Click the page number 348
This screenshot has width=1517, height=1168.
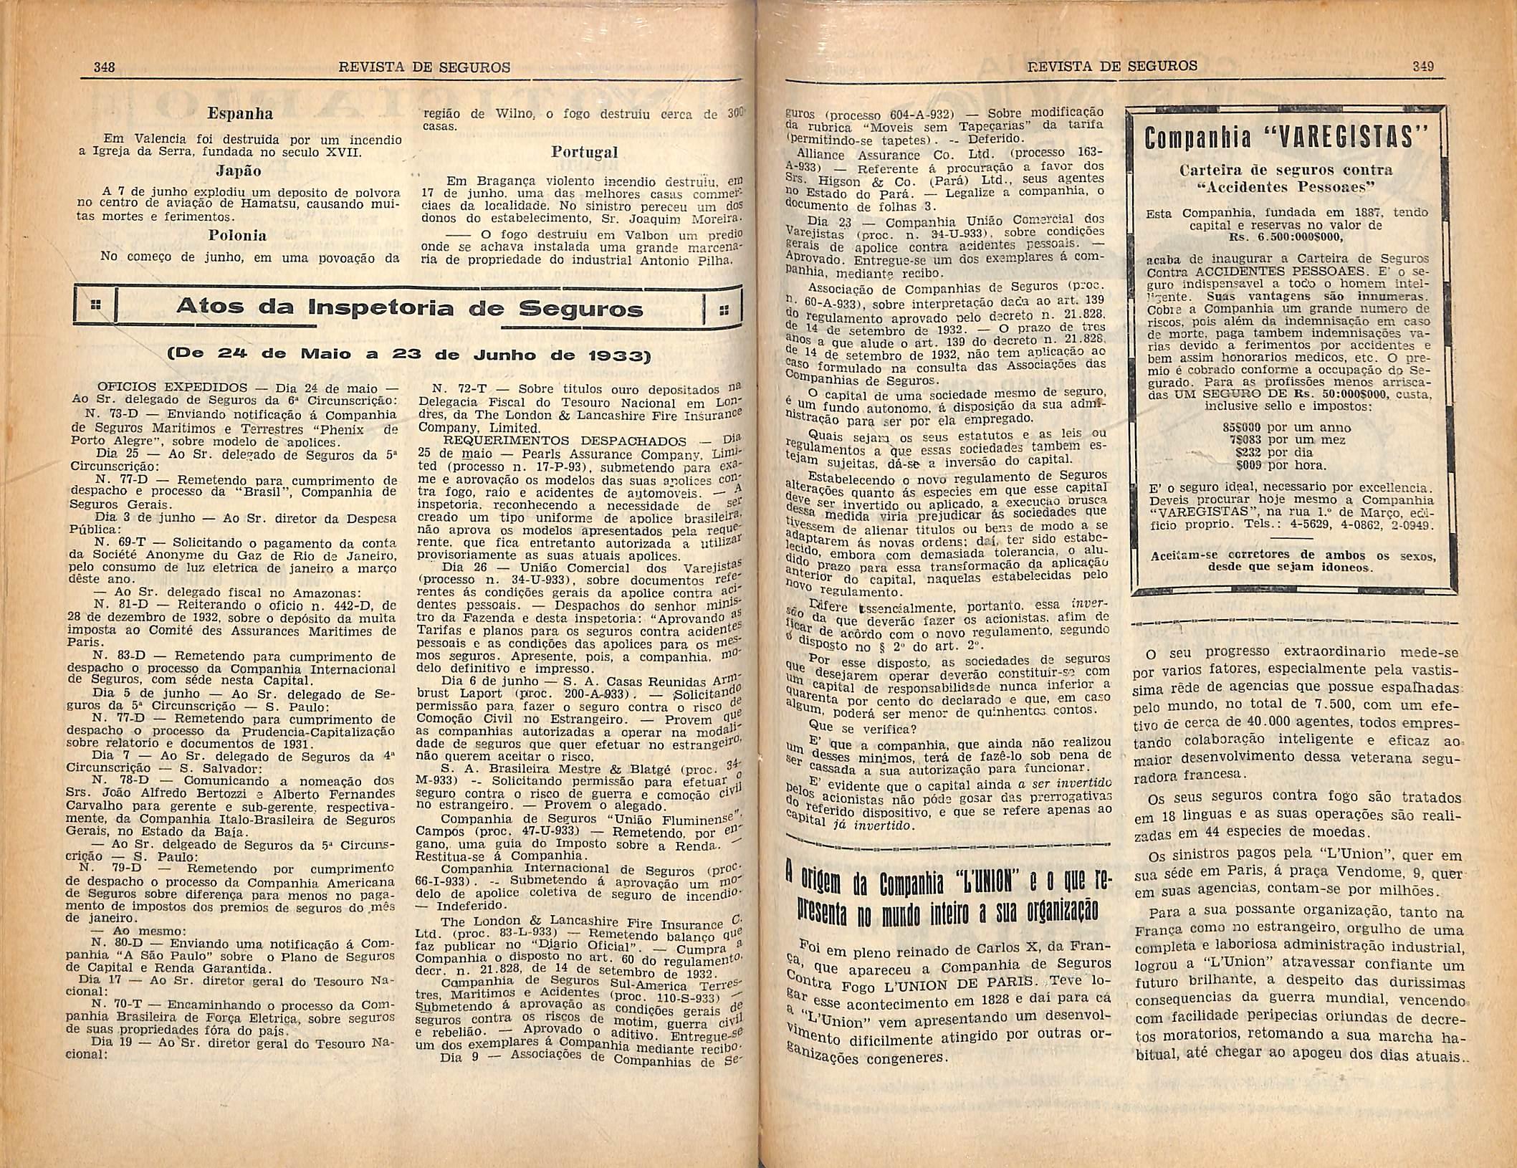point(105,67)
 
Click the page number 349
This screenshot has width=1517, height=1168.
point(1422,66)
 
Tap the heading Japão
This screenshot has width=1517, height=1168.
point(239,171)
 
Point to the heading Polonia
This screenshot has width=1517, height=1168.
point(237,235)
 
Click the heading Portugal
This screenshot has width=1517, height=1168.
point(584,153)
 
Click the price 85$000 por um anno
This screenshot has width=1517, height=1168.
point(1277,427)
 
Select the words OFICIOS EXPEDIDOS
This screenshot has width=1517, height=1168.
point(173,388)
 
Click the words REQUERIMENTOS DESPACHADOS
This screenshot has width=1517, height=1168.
point(565,441)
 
